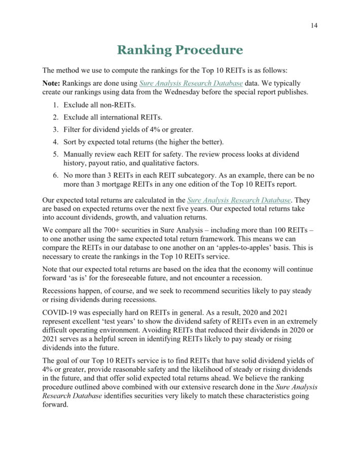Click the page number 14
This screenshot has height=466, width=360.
(314, 26)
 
